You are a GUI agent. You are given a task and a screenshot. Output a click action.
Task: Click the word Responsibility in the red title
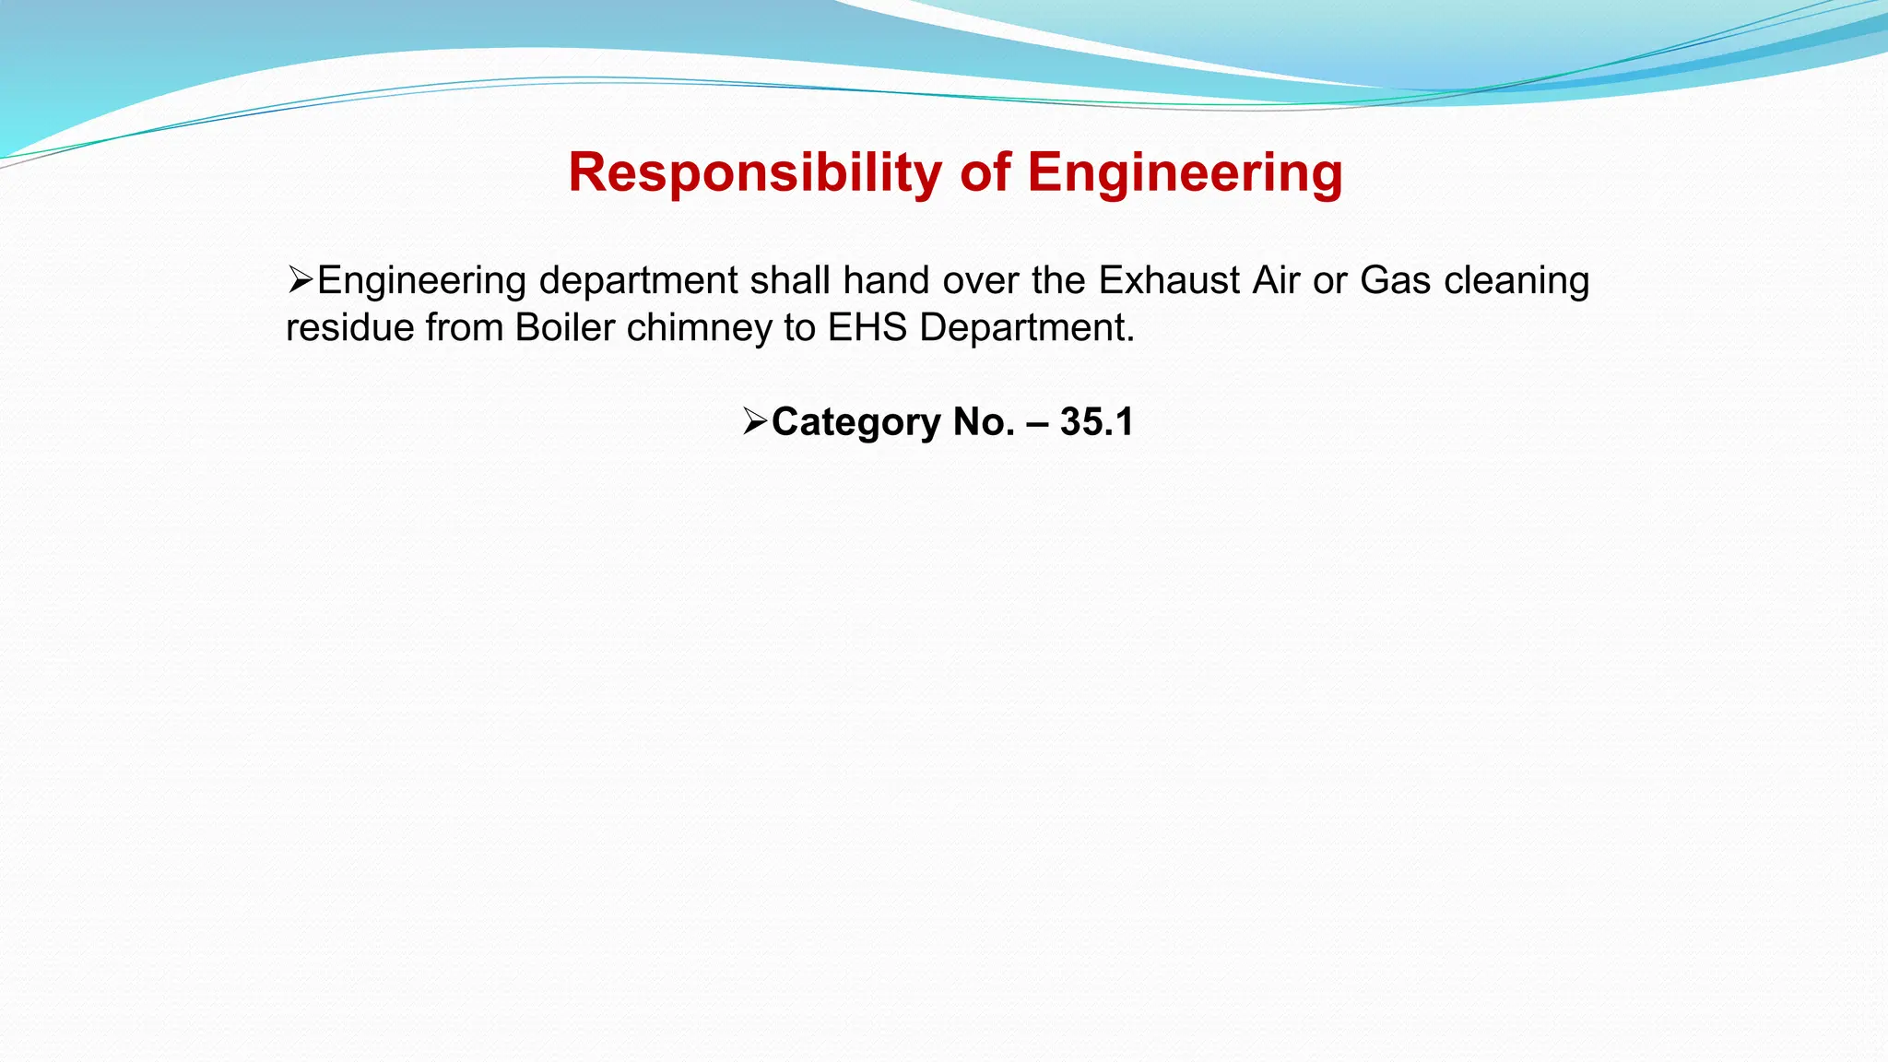755,172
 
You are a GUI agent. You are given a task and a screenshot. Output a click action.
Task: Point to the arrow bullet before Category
755,421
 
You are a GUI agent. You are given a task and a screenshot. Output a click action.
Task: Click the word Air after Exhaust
1276,280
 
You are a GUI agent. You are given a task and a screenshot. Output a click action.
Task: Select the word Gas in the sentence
1395,280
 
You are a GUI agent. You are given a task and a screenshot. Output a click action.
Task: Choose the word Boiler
564,327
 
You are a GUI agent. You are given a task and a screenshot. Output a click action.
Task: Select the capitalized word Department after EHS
1027,327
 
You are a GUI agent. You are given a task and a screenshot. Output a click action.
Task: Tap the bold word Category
855,421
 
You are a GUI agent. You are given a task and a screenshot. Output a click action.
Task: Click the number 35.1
1096,421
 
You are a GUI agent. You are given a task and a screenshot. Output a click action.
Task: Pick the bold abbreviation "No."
984,421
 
